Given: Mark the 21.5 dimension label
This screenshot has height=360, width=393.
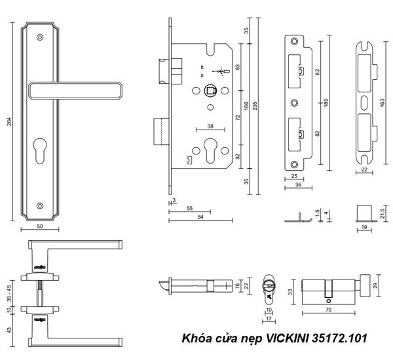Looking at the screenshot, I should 382,212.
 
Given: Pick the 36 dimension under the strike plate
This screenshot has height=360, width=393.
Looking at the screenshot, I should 298,185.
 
